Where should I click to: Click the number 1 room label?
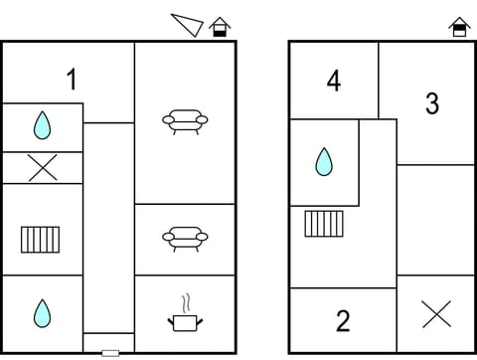(72, 79)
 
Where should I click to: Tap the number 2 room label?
(343, 321)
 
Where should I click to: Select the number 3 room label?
(432, 102)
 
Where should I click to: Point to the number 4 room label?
(334, 82)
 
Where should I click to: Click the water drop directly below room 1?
(42, 125)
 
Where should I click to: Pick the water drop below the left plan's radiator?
(42, 313)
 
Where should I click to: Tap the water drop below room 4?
(324, 161)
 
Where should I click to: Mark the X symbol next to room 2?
(436, 314)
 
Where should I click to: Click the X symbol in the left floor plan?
(42, 168)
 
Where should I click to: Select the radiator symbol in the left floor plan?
(40, 240)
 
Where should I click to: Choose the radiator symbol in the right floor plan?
(324, 223)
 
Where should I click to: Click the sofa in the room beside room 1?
(185, 121)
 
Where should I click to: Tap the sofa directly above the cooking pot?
(185, 238)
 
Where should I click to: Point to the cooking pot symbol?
(185, 321)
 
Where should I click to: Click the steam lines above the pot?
(185, 302)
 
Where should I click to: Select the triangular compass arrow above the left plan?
(188, 24)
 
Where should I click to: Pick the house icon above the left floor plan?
(220, 27)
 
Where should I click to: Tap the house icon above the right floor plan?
(458, 27)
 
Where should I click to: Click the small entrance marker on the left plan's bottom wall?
(110, 352)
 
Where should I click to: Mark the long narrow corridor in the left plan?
(108, 229)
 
